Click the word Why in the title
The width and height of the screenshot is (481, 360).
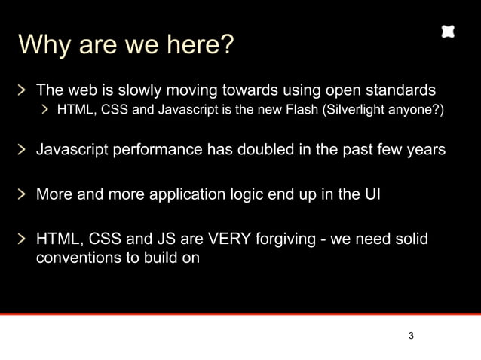coord(44,45)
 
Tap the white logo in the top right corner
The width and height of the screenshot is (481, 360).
coord(448,32)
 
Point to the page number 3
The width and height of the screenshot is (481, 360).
coord(411,336)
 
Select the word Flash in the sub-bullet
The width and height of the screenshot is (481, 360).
coord(299,111)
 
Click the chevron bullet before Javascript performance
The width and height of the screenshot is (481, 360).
coord(24,149)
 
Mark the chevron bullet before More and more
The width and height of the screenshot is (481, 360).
coord(24,194)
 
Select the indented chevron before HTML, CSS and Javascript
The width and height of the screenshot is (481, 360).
coord(45,111)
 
